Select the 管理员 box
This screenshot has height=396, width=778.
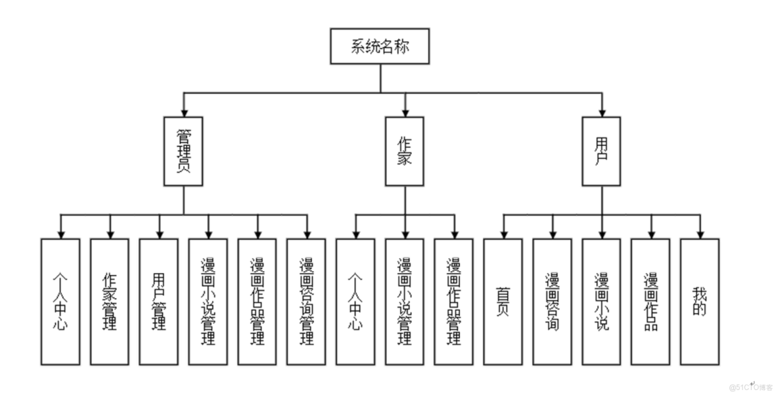(183, 151)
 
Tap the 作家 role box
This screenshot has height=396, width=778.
(405, 151)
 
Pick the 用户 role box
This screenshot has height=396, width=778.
(601, 151)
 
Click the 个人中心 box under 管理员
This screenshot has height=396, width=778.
(60, 301)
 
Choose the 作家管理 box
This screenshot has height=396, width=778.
(110, 301)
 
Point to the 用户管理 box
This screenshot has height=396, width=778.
(158, 301)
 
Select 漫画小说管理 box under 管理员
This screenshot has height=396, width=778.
(208, 301)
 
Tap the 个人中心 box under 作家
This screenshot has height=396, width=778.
(355, 301)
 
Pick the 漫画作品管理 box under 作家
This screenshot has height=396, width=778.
(453, 301)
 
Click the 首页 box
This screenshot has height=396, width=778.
(503, 301)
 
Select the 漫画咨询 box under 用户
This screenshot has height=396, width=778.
(552, 301)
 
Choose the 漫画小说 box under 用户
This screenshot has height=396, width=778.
(601, 301)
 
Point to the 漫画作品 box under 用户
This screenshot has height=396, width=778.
(651, 301)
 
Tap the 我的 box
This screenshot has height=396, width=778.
(699, 301)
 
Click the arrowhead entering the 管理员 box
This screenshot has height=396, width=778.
(183, 112)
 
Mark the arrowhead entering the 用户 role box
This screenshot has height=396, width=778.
(601, 112)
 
